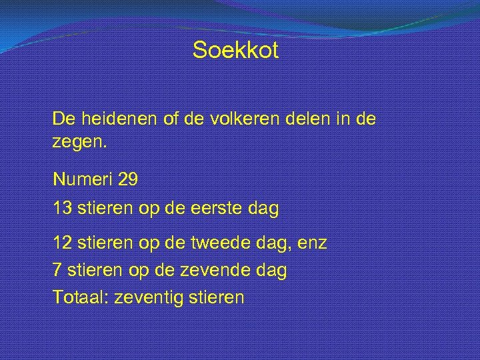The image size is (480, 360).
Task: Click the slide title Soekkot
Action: coord(235,51)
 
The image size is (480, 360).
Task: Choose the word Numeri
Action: coord(83,179)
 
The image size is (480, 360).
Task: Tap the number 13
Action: coord(63,208)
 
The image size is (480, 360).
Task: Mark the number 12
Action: coord(63,243)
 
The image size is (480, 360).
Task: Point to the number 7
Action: coord(57,270)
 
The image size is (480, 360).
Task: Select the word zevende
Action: coord(219,270)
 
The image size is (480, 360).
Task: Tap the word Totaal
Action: coord(81,297)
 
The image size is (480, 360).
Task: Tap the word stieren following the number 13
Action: coord(106,208)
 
